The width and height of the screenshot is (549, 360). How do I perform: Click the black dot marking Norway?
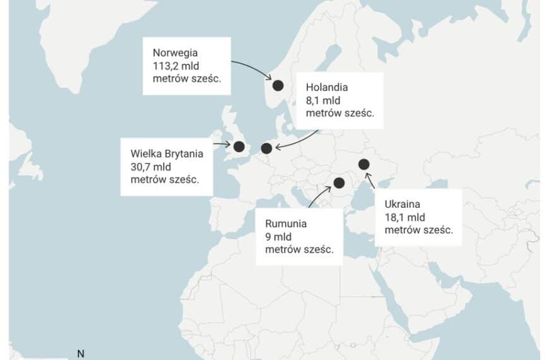click(278, 85)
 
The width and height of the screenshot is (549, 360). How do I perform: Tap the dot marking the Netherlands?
click(266, 148)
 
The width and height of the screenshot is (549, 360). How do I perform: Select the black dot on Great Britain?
click(239, 147)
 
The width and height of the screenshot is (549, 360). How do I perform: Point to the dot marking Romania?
click(339, 183)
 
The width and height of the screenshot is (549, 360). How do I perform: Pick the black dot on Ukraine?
click(363, 164)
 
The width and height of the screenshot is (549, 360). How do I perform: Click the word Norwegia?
click(174, 52)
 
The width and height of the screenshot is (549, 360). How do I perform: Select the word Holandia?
click(326, 88)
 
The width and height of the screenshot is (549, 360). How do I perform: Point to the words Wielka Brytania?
click(166, 153)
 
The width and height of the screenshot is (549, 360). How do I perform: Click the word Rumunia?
click(286, 224)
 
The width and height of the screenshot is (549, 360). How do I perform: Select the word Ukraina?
click(402, 204)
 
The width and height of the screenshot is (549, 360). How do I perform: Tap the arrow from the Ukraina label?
click(372, 183)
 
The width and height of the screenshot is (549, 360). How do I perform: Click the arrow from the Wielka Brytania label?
click(221, 145)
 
